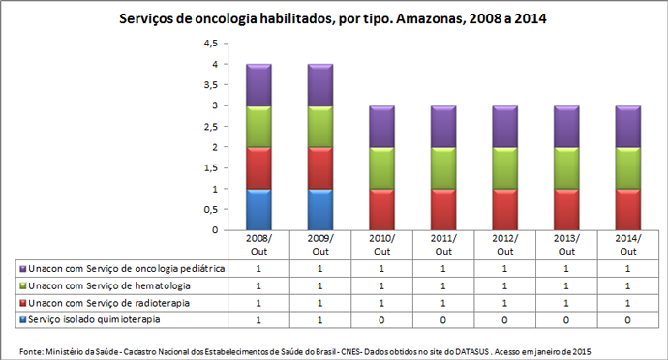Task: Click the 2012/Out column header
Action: point(505,244)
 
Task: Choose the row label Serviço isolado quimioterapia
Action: point(94,318)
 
